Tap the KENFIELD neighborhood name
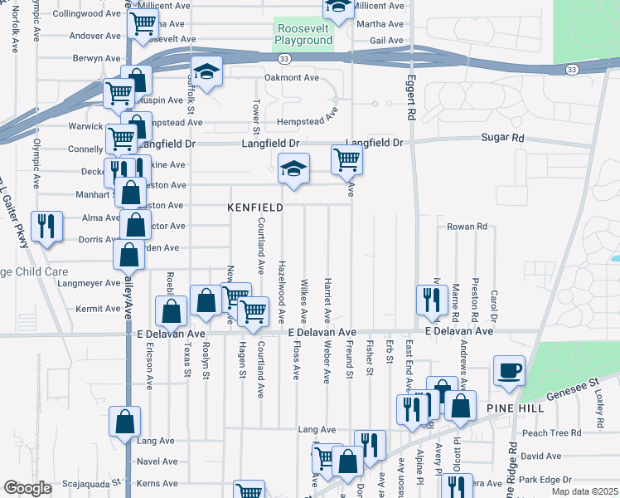click(256, 207)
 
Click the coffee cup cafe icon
click(508, 371)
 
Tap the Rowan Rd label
click(466, 226)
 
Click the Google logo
click(28, 488)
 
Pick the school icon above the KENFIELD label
click(293, 168)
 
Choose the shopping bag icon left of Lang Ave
click(124, 421)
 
